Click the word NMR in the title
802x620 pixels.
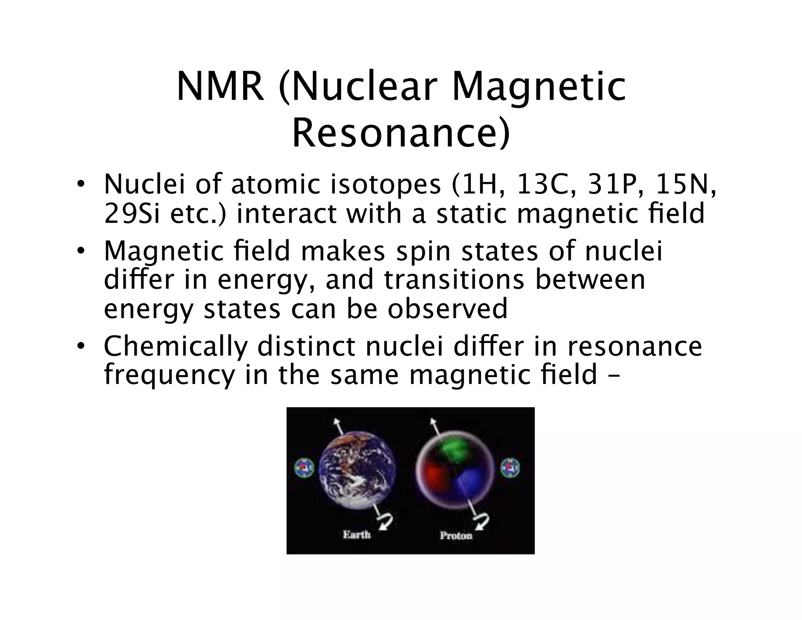click(x=220, y=87)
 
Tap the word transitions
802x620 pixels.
click(x=454, y=280)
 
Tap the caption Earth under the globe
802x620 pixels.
click(x=356, y=534)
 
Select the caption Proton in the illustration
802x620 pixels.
click(x=456, y=535)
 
